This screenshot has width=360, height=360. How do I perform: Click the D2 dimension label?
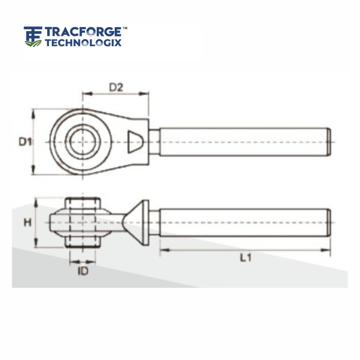[x=116, y=87]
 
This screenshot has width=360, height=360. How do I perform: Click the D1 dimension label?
[x=23, y=142]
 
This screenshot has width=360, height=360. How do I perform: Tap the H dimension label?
[x=26, y=223]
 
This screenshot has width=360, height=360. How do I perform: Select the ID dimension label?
[x=83, y=271]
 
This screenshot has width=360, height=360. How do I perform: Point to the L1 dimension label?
[x=245, y=258]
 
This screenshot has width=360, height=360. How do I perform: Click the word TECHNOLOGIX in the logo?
[x=83, y=42]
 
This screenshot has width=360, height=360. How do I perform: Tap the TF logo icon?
[x=33, y=37]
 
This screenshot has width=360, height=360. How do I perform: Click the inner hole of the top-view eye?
[x=83, y=142]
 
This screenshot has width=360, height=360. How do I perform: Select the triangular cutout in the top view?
[x=136, y=142]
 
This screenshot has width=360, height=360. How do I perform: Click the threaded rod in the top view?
[x=242, y=142]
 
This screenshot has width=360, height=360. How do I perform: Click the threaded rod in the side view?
[x=242, y=223]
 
